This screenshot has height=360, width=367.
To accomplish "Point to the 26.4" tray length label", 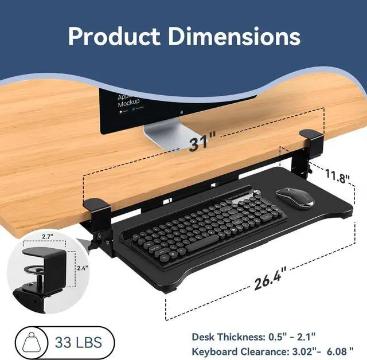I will [270, 281].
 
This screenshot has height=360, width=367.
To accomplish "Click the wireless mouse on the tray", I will [295, 198].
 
